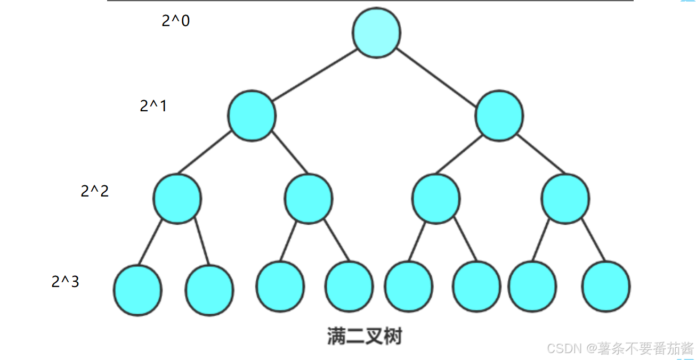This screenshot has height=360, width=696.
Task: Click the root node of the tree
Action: (376, 33)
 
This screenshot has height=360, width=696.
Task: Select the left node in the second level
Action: (252, 116)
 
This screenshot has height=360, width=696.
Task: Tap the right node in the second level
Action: (499, 116)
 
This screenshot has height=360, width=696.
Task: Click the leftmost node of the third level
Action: (177, 199)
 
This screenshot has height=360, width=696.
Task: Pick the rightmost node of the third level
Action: (565, 199)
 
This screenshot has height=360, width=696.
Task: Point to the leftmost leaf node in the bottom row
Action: (137, 290)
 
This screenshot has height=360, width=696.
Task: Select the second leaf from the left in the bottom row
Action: (209, 290)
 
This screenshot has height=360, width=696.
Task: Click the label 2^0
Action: (176, 21)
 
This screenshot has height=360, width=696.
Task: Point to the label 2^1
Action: (153, 106)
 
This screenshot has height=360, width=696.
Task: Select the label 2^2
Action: (95, 191)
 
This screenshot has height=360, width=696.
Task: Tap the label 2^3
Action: (65, 282)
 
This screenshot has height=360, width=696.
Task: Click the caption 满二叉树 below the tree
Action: (365, 336)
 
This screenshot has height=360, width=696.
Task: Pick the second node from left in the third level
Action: (309, 199)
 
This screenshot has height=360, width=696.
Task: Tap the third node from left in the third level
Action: (436, 199)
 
